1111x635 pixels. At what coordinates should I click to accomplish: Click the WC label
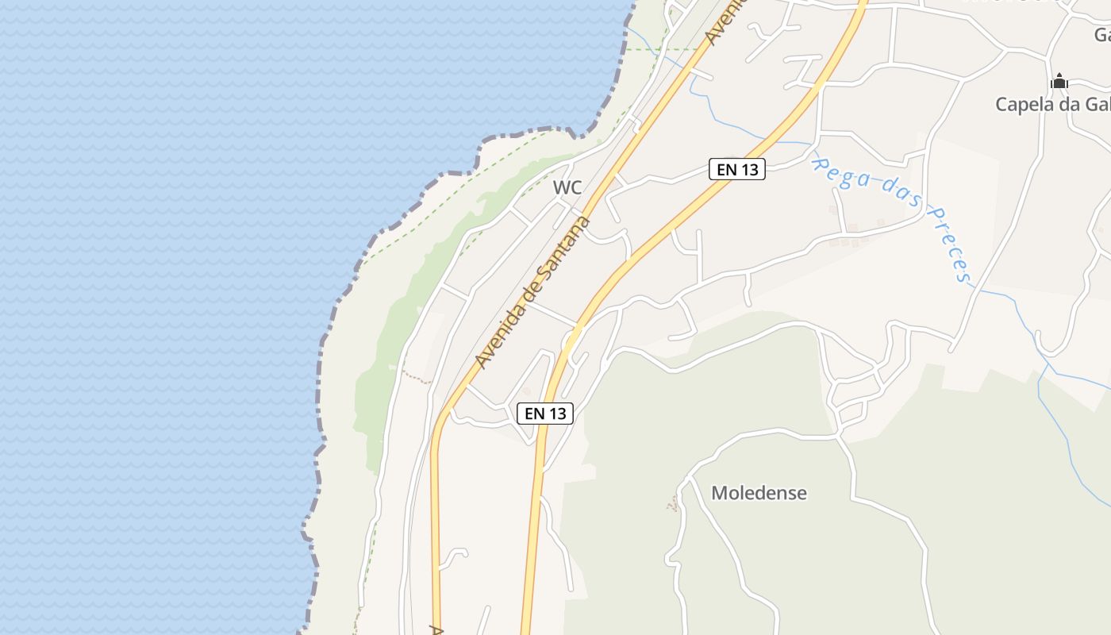(567, 188)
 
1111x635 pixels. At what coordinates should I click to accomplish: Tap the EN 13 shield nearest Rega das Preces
(736, 169)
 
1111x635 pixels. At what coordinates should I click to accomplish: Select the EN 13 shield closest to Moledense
(545, 413)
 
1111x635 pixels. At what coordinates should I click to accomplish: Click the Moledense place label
(759, 493)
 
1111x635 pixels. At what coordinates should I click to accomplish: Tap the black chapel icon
(1059, 81)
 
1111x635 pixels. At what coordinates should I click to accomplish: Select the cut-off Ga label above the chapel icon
(1102, 35)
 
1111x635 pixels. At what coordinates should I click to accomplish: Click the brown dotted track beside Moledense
(674, 502)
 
